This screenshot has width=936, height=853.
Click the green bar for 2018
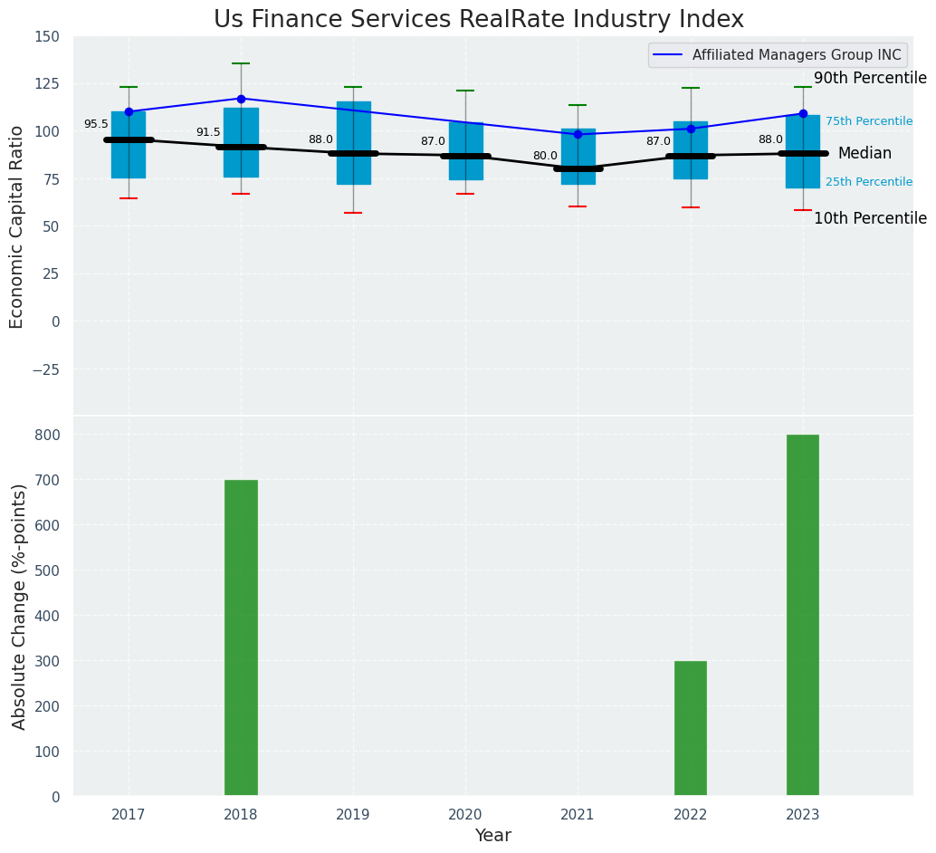241,637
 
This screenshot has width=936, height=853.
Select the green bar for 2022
690,728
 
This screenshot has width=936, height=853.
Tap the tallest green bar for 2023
802,615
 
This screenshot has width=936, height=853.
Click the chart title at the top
479,20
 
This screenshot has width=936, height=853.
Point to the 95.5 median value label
96,124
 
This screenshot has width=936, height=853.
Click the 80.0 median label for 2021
545,156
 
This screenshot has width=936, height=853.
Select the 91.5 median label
208,132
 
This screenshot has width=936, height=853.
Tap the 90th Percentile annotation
869,79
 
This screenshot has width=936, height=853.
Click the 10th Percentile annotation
869,218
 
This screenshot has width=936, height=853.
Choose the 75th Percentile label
868,121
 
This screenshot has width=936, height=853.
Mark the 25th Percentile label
868,182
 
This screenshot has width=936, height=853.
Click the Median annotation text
864,154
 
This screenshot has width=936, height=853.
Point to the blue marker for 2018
241,99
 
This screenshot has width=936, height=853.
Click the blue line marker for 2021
578,134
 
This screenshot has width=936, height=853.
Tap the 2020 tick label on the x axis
465,815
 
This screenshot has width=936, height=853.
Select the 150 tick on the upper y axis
47,36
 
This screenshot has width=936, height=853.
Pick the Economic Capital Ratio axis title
17,226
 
